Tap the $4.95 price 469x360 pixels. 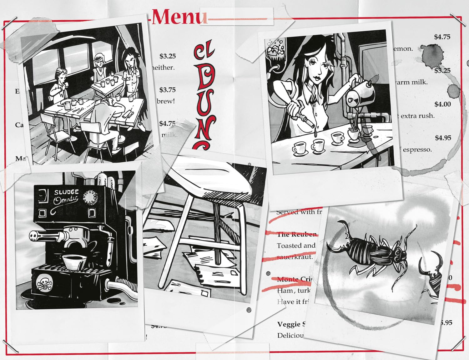pos(443,138)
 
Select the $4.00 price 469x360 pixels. pos(442,104)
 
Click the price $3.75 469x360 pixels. pos(167,90)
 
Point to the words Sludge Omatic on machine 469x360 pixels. pos(66,196)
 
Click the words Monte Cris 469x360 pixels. pos(294,279)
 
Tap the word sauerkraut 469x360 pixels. pos(295,257)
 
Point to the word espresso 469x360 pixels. pos(417,150)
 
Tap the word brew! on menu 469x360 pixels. pos(166,101)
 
